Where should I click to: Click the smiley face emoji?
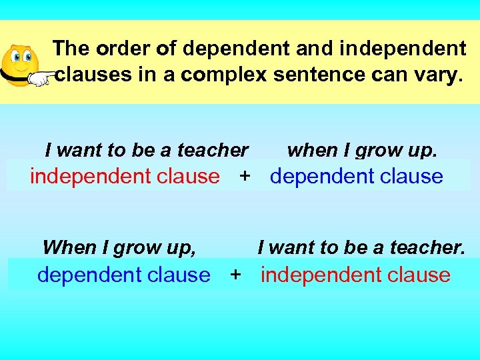(20, 62)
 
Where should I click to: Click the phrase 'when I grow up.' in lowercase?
(362, 151)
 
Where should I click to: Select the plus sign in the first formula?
(245, 176)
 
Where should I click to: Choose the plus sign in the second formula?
(235, 274)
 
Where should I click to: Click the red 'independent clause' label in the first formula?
(125, 176)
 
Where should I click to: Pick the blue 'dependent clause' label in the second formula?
(123, 274)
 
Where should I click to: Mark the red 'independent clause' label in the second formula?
(355, 274)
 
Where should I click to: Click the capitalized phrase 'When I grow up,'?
(119, 248)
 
